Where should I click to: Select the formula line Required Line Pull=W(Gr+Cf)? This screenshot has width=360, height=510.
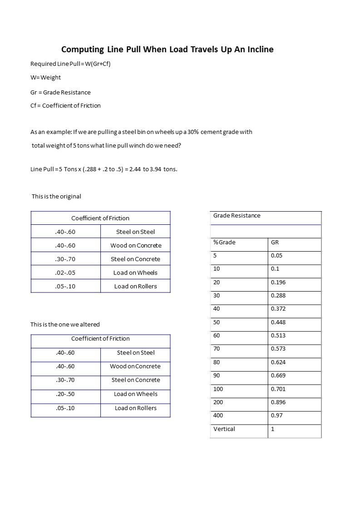70,64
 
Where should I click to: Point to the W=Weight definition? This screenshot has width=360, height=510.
45,77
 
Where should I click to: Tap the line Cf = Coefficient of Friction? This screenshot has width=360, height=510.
65,105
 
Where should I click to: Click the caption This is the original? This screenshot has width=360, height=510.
56,197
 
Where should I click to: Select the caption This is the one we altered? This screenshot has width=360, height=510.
65,324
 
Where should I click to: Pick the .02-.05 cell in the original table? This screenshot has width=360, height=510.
65,272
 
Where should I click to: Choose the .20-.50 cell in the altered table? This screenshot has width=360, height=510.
65,394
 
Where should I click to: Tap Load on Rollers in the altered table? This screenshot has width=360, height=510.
135,408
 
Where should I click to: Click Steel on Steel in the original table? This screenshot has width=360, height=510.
135,232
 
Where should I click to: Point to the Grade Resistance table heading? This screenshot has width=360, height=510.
237,216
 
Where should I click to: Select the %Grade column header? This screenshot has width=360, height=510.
224,242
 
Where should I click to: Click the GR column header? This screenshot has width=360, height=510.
275,242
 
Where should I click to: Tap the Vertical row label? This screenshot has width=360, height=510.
224,429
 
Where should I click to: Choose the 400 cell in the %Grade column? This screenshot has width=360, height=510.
218,415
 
